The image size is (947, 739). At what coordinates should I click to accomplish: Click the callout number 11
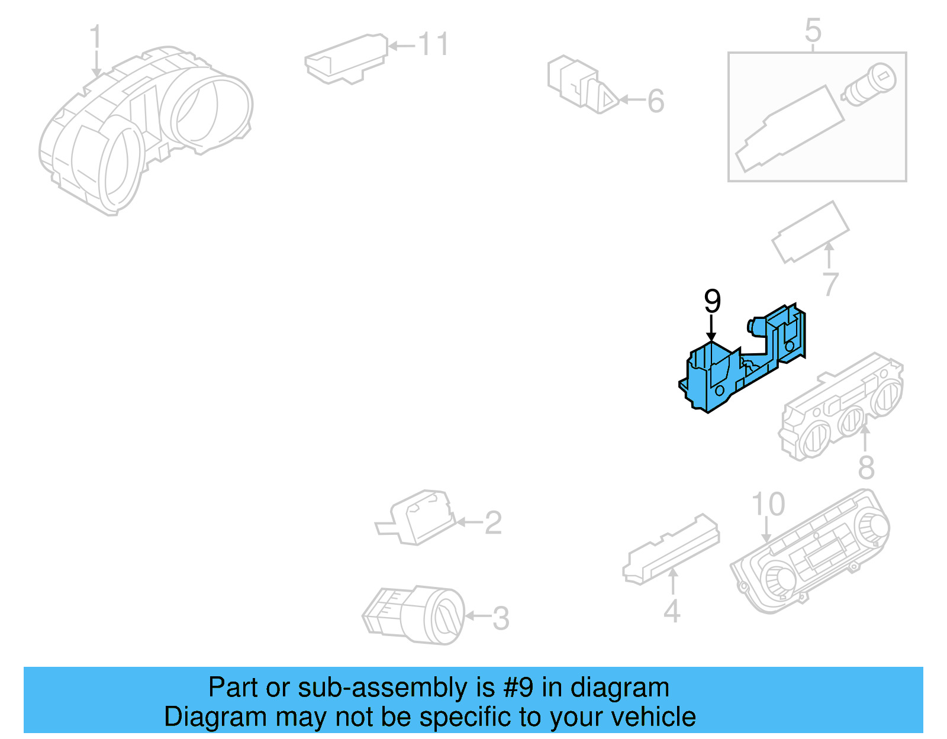pyautogui.click(x=433, y=44)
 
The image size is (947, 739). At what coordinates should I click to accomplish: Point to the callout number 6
pyautogui.click(x=656, y=101)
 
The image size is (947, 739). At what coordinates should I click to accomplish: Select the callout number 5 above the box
pyautogui.click(x=813, y=30)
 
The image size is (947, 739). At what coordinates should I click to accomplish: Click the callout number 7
pyautogui.click(x=830, y=285)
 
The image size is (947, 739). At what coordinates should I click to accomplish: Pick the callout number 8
pyautogui.click(x=866, y=467)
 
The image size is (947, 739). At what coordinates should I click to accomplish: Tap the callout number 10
pyautogui.click(x=768, y=504)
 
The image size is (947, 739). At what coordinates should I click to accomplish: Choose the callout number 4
pyautogui.click(x=672, y=611)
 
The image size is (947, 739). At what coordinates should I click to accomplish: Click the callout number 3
pyautogui.click(x=501, y=618)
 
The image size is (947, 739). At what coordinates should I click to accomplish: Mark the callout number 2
pyautogui.click(x=493, y=523)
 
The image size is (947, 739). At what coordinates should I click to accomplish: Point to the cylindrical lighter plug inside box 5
pyautogui.click(x=868, y=85)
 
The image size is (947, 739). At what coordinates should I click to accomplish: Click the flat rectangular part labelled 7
pyautogui.click(x=810, y=231)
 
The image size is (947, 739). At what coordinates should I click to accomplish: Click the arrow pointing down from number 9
pyautogui.click(x=711, y=329)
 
